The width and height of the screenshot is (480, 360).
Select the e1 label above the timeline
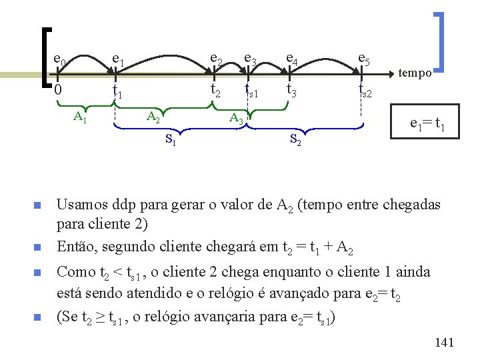point(117,61)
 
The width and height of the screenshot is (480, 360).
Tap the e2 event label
point(216,61)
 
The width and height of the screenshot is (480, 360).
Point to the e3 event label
point(250,61)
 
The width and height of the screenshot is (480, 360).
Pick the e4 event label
point(291,61)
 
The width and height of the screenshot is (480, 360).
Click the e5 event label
point(364,61)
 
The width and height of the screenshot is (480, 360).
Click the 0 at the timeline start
point(58,90)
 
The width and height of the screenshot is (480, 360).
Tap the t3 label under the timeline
point(292,89)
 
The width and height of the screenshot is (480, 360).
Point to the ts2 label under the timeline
point(365,89)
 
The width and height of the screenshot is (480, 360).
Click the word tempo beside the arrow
point(415,74)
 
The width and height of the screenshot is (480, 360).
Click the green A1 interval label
point(80,118)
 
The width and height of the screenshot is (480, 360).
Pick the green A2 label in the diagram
point(153,118)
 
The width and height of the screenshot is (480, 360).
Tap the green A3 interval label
point(236,119)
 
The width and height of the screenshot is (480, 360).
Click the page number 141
point(443,343)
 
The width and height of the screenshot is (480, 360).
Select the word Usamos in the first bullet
point(81,205)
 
